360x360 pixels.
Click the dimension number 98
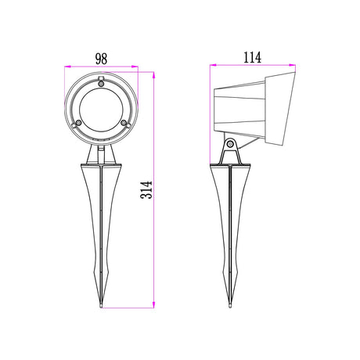coord(101,58)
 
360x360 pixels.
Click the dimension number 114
coord(251,57)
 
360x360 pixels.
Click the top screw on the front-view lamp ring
coord(102,81)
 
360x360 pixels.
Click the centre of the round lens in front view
coord(102,108)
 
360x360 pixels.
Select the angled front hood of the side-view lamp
coord(279,110)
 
